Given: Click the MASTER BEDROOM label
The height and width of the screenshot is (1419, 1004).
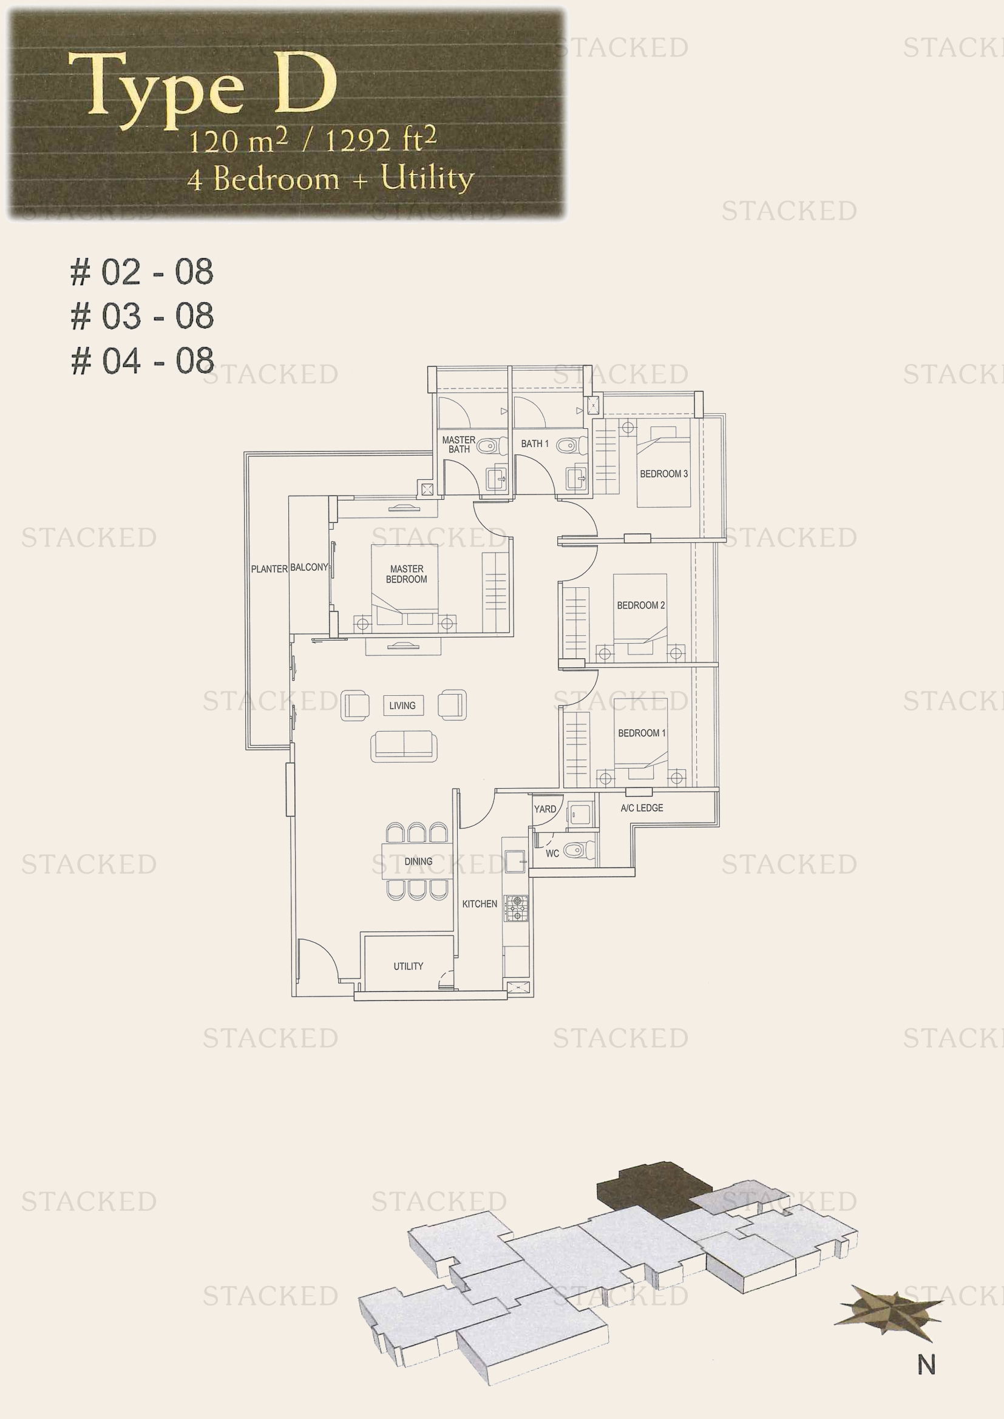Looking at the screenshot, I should [x=406, y=573].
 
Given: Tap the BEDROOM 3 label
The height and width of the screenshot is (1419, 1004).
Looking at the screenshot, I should [x=663, y=474].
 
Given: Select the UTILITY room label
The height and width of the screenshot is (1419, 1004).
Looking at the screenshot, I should [x=408, y=966].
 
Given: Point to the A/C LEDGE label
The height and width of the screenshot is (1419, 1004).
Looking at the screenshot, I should [x=642, y=807].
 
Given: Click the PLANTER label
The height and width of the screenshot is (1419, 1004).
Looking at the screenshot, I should [x=269, y=568].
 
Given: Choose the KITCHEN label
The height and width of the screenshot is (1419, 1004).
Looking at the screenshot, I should [x=479, y=903].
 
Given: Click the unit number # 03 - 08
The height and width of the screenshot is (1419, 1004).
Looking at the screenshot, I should [x=142, y=317].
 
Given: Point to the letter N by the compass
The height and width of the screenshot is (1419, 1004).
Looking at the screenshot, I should [x=926, y=1364].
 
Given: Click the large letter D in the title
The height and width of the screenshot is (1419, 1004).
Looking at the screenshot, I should [x=305, y=84].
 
